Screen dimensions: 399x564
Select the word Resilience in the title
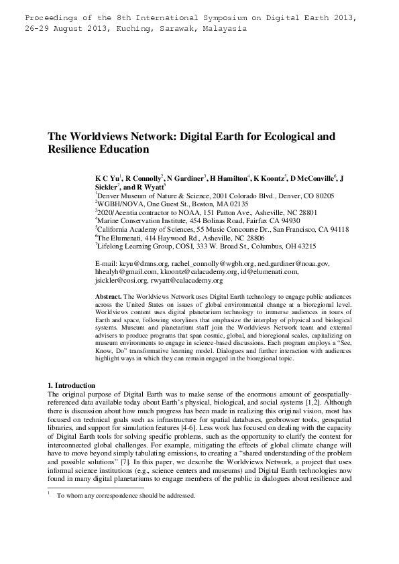click(x=76, y=149)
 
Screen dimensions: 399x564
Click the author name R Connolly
click(x=143, y=179)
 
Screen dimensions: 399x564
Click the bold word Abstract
click(x=109, y=295)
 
